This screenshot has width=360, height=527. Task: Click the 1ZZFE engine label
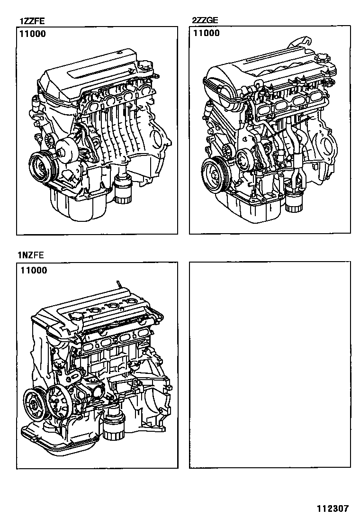click(32, 22)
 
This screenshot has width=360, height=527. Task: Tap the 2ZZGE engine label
click(205, 20)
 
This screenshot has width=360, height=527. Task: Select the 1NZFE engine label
click(31, 255)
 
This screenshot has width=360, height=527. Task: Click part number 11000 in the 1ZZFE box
click(33, 34)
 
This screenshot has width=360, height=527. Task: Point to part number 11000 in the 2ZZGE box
click(207, 33)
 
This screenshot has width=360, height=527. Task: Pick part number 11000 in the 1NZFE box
click(34, 270)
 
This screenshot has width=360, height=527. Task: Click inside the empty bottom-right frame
click(270, 364)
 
